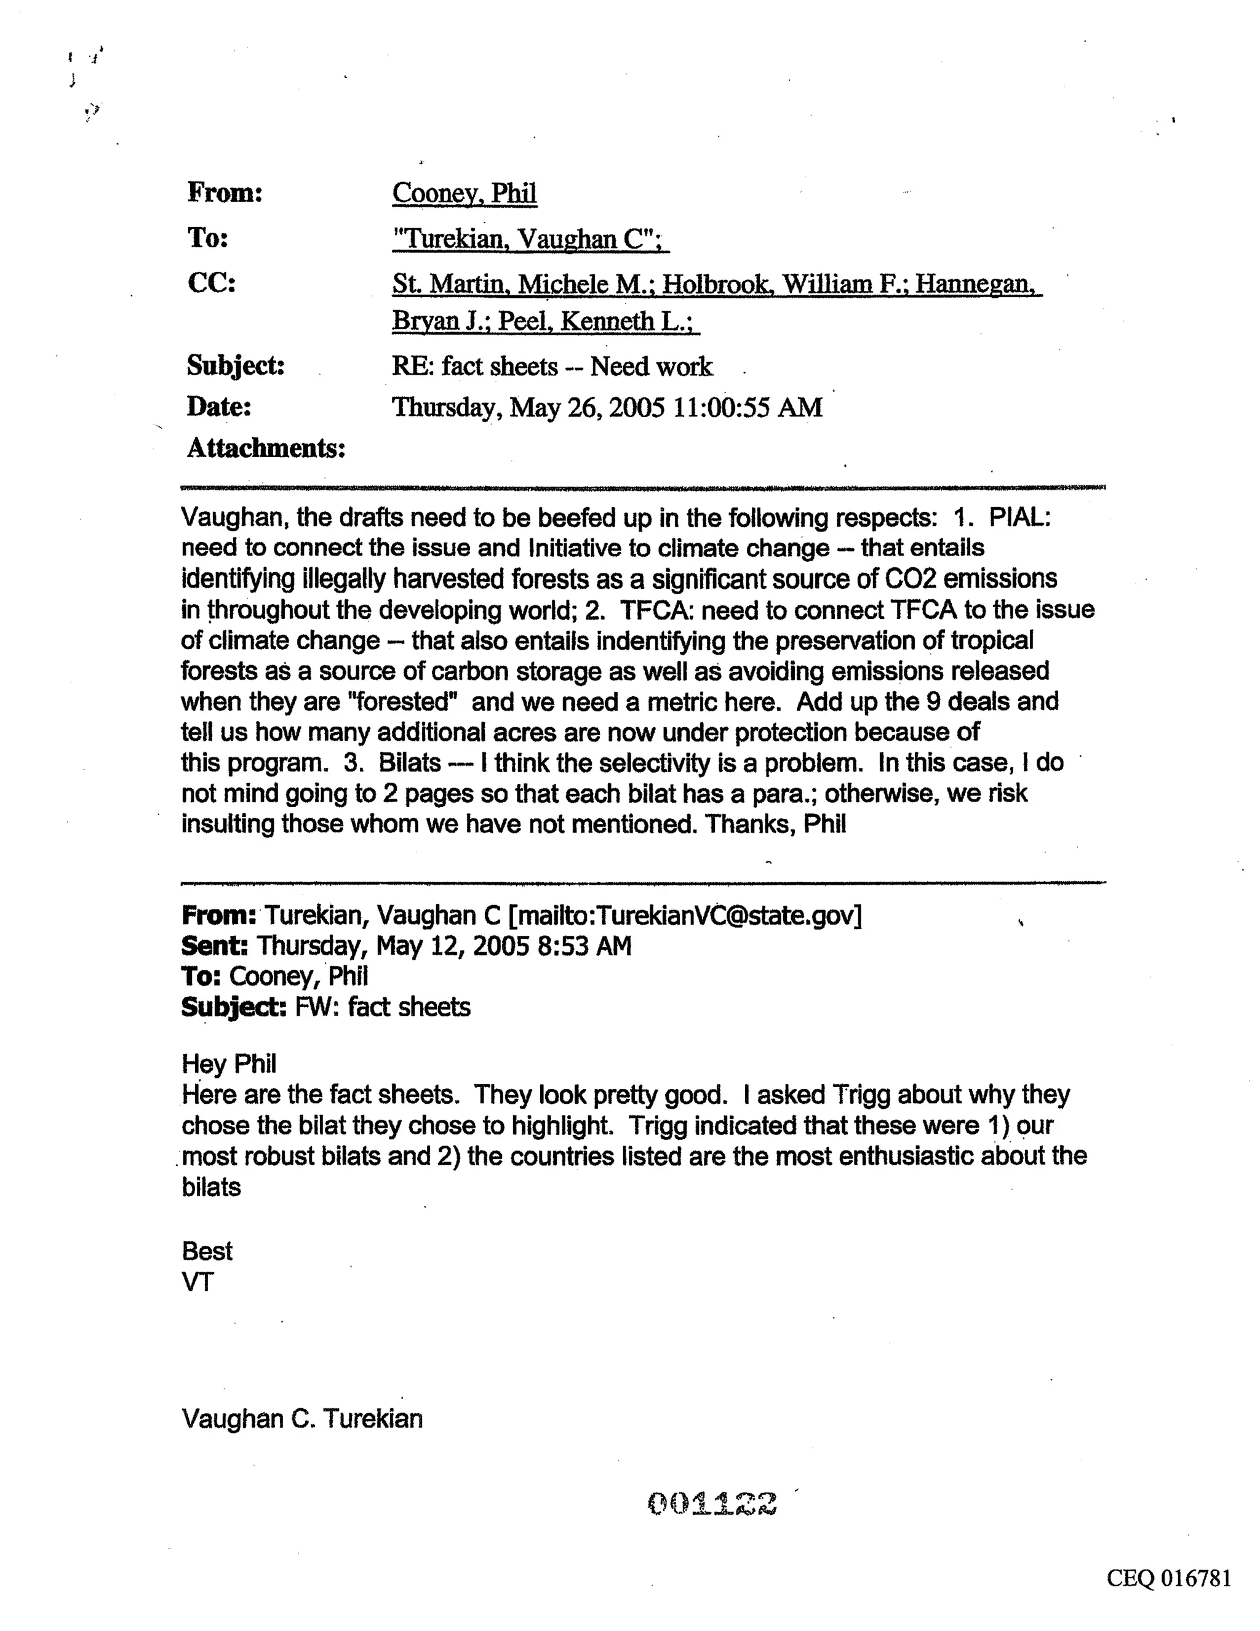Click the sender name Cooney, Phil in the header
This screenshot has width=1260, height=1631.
click(464, 193)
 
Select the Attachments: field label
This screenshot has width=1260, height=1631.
click(266, 448)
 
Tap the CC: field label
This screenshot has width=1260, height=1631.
click(212, 283)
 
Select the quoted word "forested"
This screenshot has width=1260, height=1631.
click(399, 702)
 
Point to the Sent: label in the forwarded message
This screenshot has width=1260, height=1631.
click(214, 946)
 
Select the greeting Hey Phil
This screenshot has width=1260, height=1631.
click(228, 1063)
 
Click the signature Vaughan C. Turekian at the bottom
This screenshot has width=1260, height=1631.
click(301, 1419)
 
